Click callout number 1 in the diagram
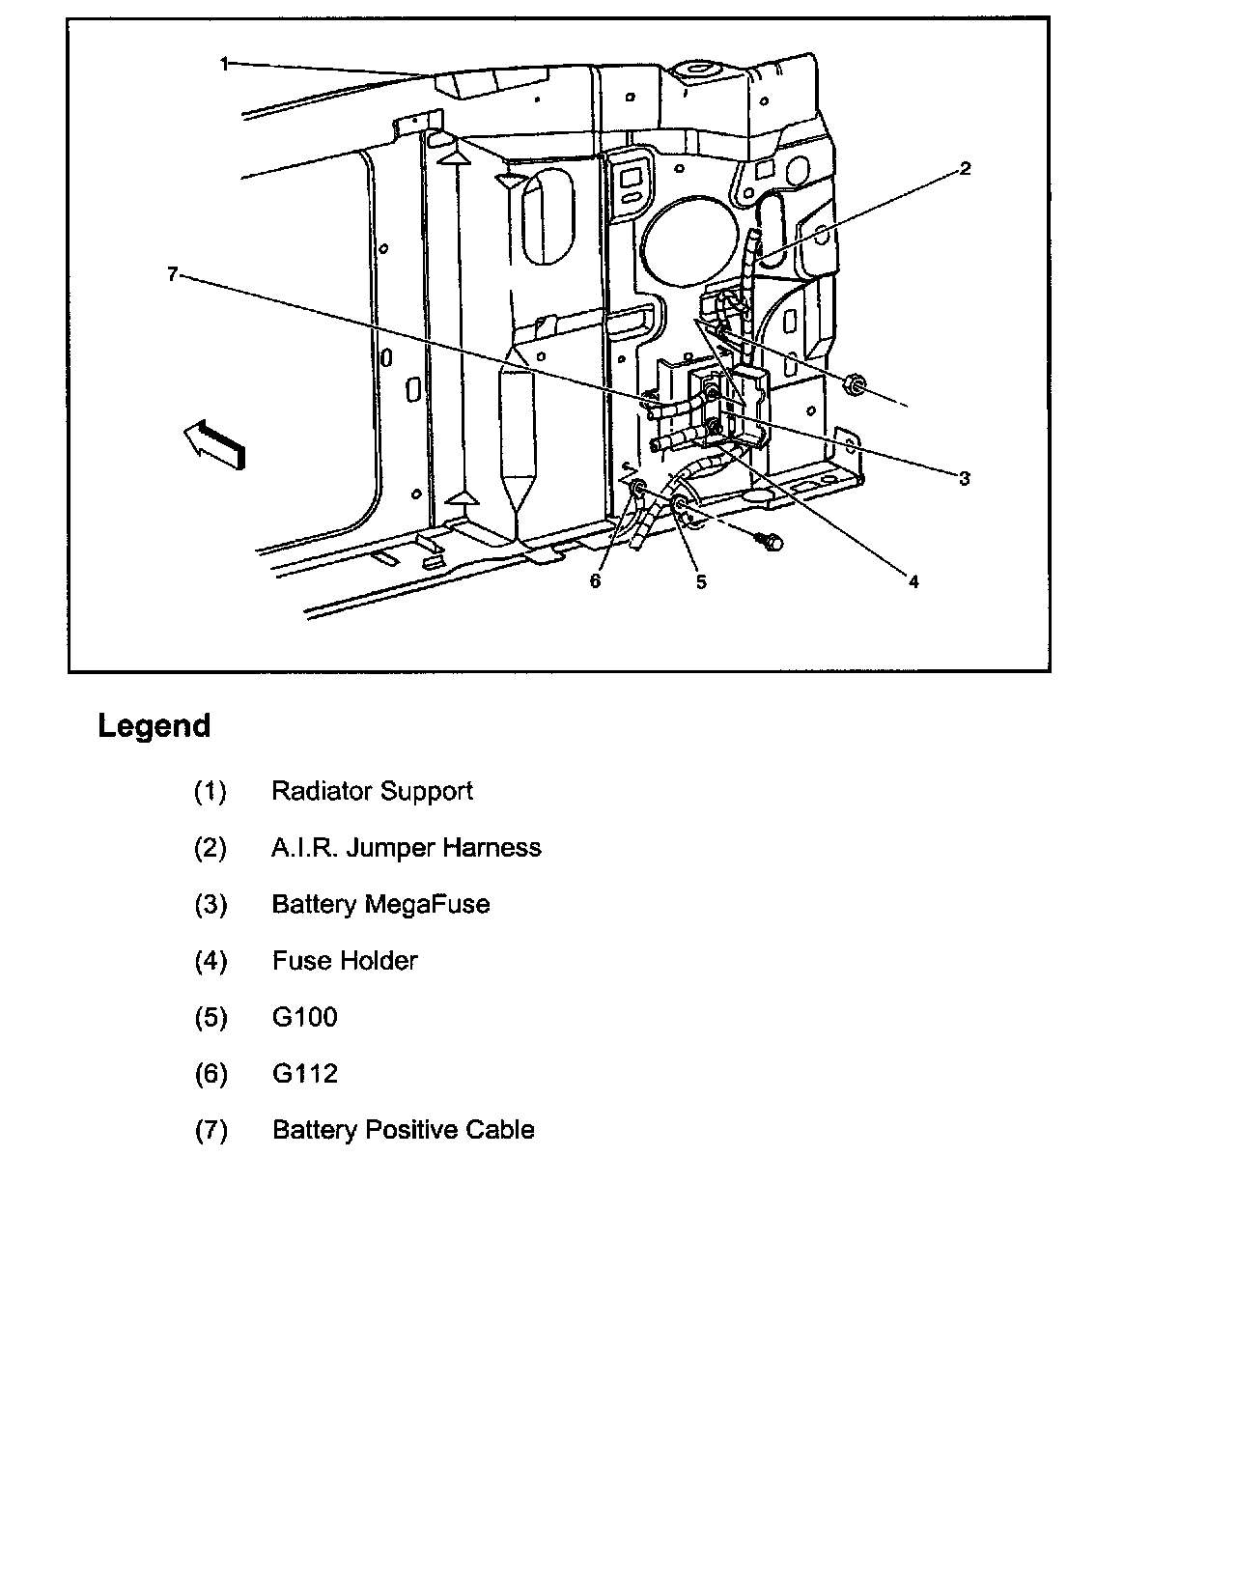tap(224, 64)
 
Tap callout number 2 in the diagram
tap(964, 169)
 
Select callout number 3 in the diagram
tap(964, 478)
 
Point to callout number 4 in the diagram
tap(913, 581)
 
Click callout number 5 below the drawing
tap(701, 581)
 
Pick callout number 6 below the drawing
tap(595, 581)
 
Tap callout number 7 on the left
tap(172, 274)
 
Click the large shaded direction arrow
tap(214, 443)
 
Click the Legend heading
tap(154, 726)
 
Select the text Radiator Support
tap(372, 791)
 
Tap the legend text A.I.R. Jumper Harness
tap(406, 848)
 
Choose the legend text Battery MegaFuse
tap(380, 904)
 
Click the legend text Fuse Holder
tap(345, 961)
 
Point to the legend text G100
tap(304, 1017)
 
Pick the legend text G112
tap(304, 1074)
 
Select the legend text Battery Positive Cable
tap(403, 1130)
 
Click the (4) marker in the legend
tap(211, 961)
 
